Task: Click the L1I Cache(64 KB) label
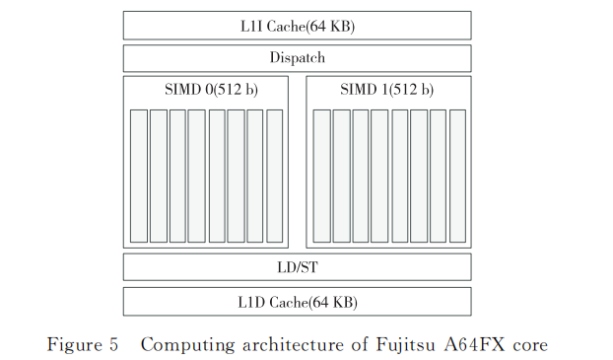point(297,26)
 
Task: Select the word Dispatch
point(297,57)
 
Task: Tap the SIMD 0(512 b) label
point(206,90)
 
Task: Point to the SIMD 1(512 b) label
point(387,90)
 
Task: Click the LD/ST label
point(297,266)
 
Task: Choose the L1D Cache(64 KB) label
point(297,301)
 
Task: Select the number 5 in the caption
point(113,344)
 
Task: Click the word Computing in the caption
point(185,344)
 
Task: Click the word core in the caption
point(528,344)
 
